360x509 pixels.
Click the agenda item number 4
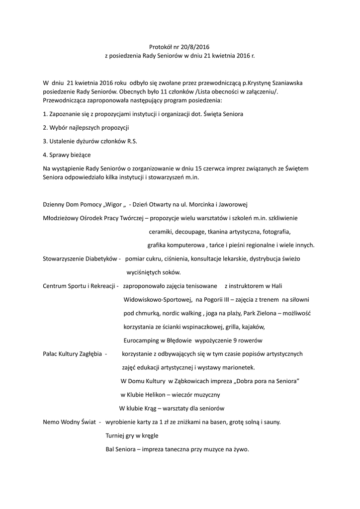45,155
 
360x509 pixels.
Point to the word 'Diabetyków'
100,259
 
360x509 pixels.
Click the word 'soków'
171,272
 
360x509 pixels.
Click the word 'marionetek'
238,367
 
